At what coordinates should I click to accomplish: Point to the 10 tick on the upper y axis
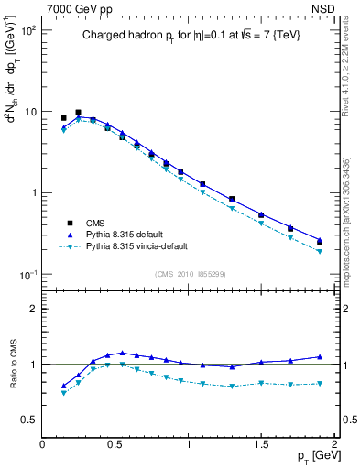[31, 112]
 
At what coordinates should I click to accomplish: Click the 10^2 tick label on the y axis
[29, 31]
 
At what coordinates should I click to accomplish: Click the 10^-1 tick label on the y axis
[29, 275]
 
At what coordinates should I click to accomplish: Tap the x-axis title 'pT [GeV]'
[313, 457]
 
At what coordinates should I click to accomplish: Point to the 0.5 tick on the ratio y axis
[30, 420]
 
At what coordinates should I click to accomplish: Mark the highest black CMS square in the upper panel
[78, 112]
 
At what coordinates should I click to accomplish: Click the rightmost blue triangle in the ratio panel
[320, 356]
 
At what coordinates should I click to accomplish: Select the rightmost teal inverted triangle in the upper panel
[320, 251]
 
